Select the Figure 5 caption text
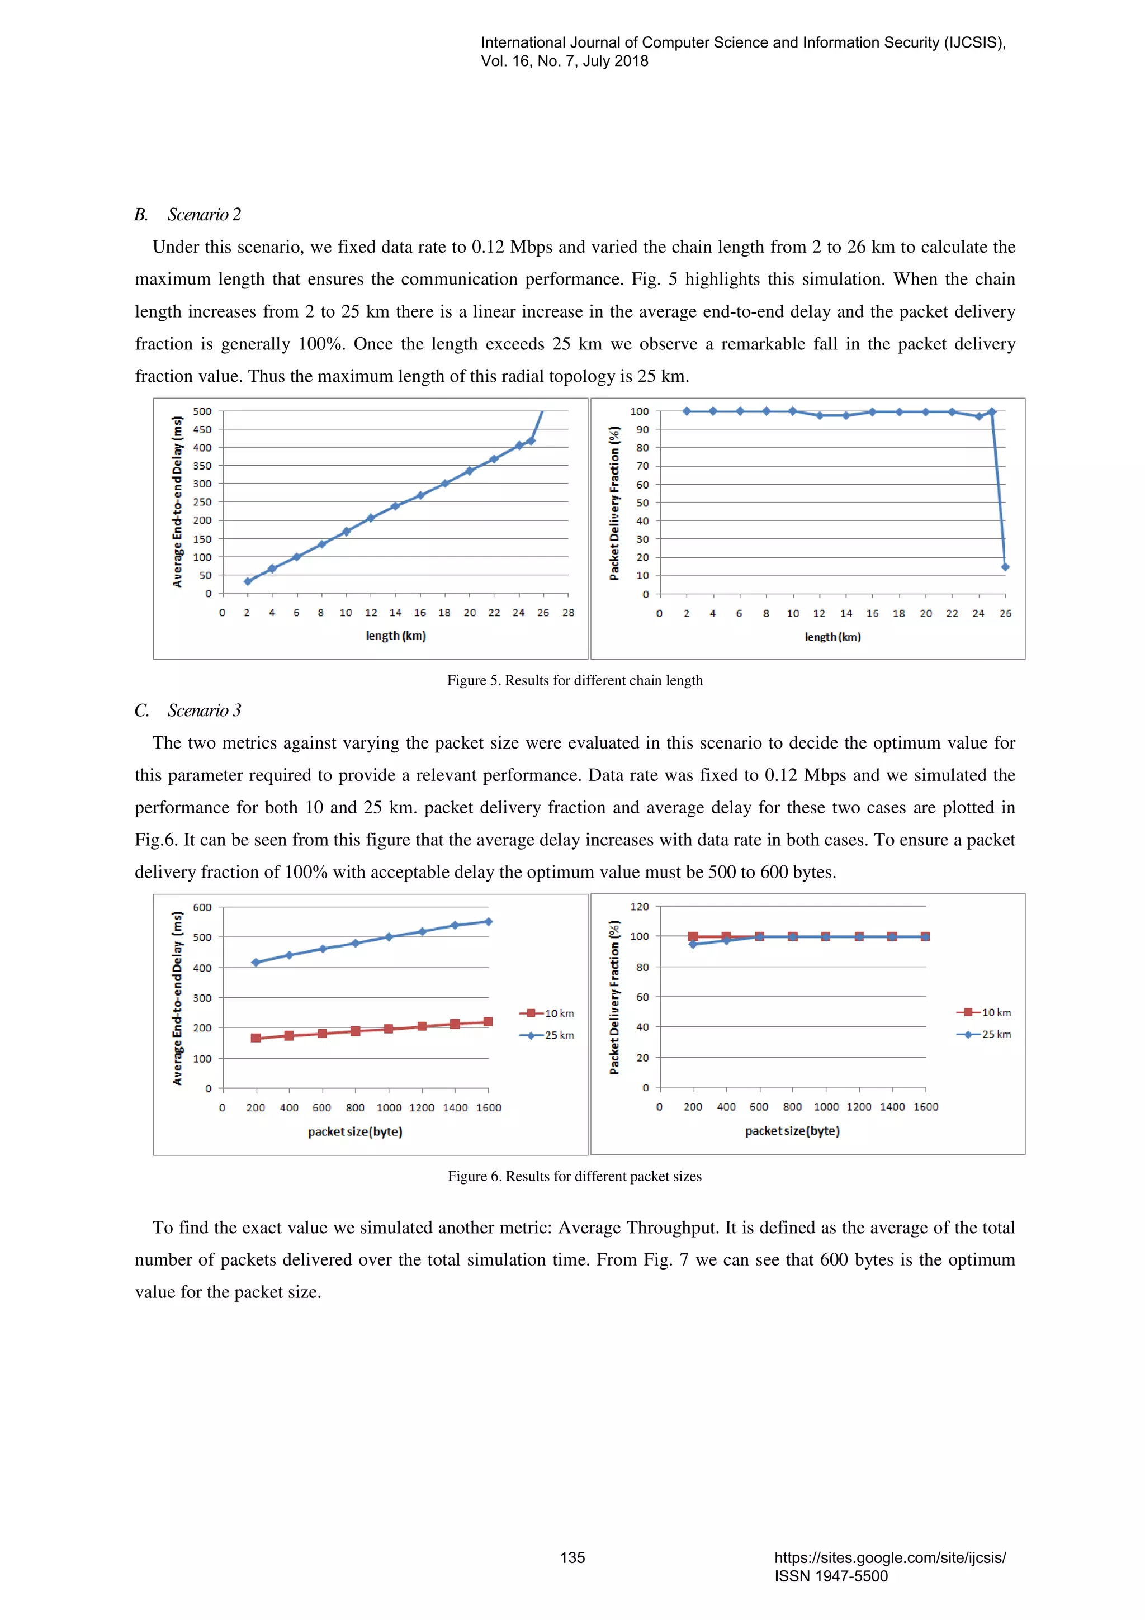[574, 680]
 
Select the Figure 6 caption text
[574, 1176]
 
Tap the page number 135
[572, 1557]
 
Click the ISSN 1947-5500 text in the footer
[830, 1576]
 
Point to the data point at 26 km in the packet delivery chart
[1005, 567]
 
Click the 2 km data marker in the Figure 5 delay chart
[248, 581]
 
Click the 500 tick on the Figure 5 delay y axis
[202, 411]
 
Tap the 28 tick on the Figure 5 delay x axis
[568, 613]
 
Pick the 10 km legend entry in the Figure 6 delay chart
[547, 1013]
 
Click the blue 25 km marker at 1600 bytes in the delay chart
[488, 921]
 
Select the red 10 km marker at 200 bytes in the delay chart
[256, 1038]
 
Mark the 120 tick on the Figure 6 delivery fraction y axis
[639, 907]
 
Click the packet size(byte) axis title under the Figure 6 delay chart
[355, 1132]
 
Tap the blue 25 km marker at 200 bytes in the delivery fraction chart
[693, 944]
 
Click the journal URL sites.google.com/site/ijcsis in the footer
[889, 1557]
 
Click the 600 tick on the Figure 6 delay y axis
[202, 907]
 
